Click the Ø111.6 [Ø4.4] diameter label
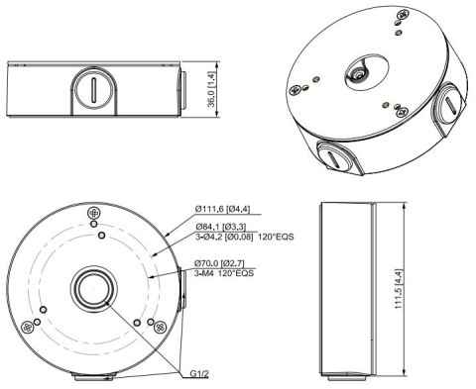(x=222, y=209)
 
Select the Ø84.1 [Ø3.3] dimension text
(x=220, y=227)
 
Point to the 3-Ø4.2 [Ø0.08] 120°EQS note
(x=244, y=237)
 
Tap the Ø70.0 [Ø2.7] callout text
(x=219, y=263)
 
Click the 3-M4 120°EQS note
(x=224, y=273)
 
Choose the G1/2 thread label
(x=199, y=374)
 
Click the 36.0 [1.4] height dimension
(x=211, y=89)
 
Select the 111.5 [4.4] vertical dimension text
(x=399, y=289)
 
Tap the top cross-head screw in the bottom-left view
(x=94, y=213)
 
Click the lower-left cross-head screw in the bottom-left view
(x=27, y=328)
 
